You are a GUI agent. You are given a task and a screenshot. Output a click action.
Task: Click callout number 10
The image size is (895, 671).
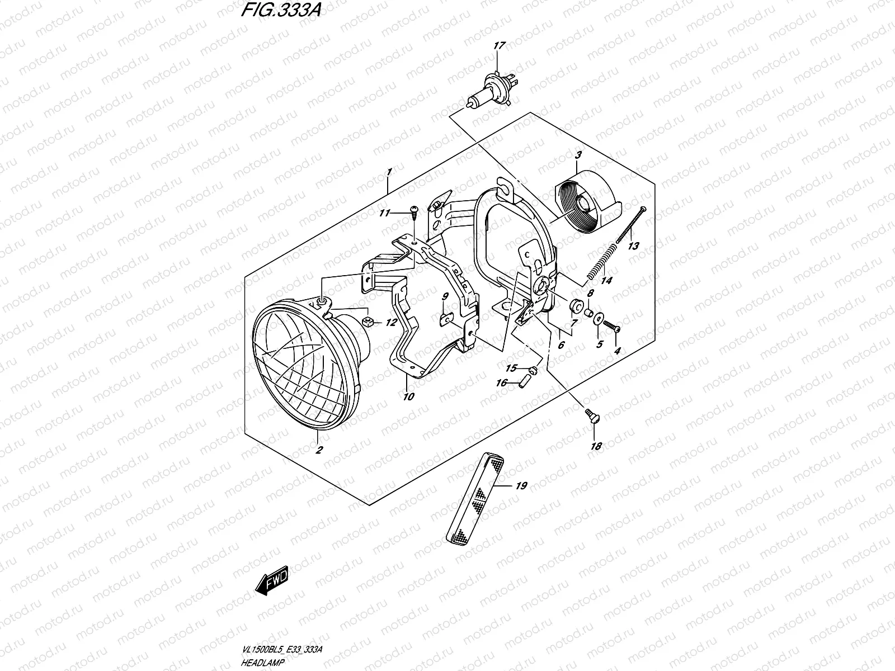click(408, 396)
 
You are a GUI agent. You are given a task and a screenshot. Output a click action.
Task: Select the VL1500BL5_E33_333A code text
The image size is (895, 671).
click(282, 649)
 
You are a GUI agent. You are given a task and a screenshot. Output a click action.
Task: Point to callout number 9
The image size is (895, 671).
click(445, 296)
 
